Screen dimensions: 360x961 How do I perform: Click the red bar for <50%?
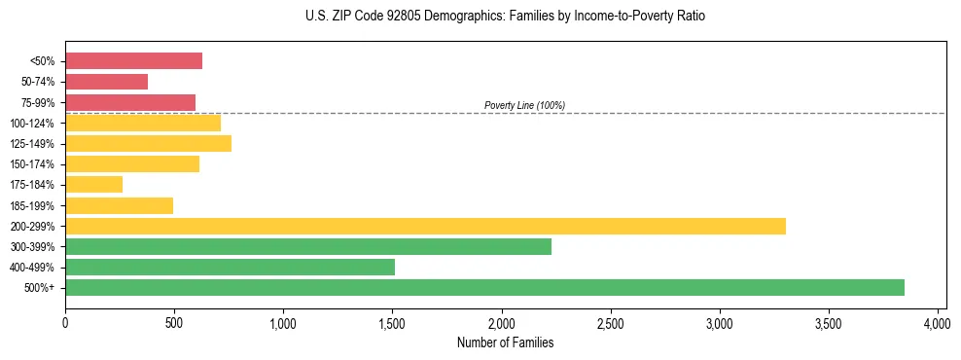coord(133,61)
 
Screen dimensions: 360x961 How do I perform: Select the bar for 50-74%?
coord(106,82)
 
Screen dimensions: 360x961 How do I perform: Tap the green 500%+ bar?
coord(484,287)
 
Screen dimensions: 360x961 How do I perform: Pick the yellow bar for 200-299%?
coord(425,226)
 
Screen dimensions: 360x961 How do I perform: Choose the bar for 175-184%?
coord(93,185)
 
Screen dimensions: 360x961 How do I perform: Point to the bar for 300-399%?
coord(308,246)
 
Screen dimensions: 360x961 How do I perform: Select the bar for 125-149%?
coord(148,144)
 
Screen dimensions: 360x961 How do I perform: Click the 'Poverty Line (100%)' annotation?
coord(524,105)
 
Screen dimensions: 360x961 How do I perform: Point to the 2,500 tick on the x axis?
coord(611,323)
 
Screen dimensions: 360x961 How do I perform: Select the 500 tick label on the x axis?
coord(174,323)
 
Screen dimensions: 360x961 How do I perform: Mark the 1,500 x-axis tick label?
coord(392,323)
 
